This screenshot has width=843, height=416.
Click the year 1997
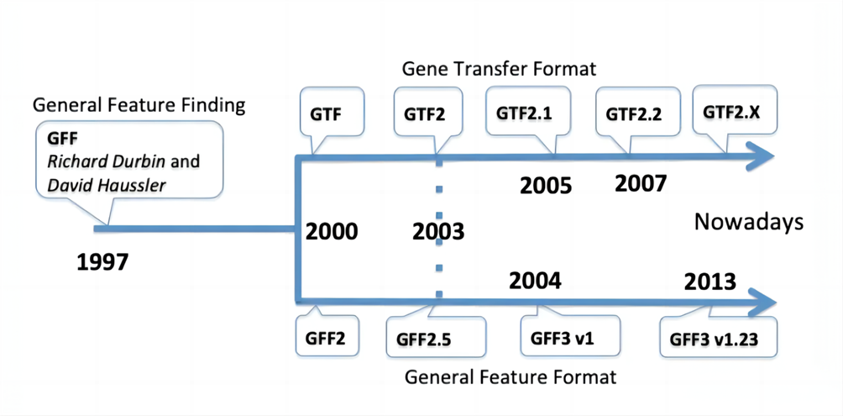point(103,262)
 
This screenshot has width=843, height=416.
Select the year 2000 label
point(331,233)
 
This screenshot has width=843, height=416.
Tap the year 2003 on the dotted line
point(438,233)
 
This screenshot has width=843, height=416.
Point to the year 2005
point(546,186)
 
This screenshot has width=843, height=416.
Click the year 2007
point(641,184)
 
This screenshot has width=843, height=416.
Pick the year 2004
point(535,281)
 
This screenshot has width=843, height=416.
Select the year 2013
point(709,282)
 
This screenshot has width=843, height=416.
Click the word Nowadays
point(748,222)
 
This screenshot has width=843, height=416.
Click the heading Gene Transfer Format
point(500,69)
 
